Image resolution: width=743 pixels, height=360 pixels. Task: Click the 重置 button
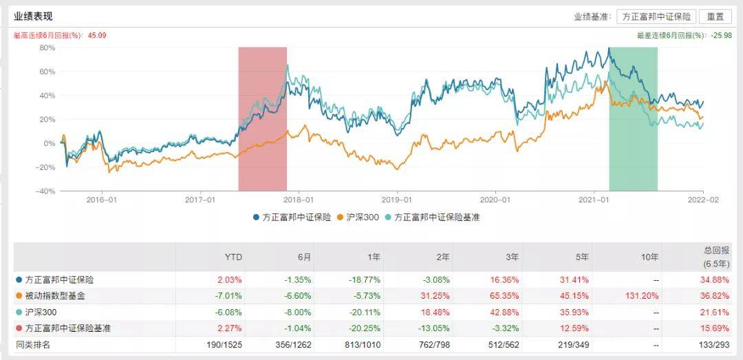pyautogui.click(x=715, y=17)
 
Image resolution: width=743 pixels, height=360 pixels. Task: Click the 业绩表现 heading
pyautogui.click(x=33, y=17)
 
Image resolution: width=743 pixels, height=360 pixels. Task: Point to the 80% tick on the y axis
pyautogui.click(x=47, y=47)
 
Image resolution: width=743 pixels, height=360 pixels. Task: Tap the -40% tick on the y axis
pyautogui.click(x=45, y=191)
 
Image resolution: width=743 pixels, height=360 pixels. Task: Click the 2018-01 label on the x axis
pyautogui.click(x=300, y=200)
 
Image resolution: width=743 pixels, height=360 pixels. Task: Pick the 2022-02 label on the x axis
pyautogui.click(x=703, y=200)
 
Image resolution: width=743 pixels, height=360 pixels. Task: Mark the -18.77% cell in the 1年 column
pyautogui.click(x=366, y=280)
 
